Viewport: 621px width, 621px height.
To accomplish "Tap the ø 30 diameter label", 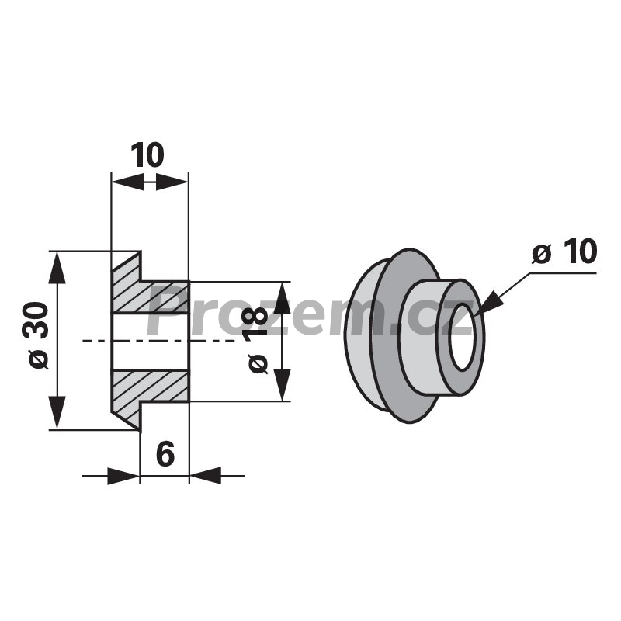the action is tap(40, 336).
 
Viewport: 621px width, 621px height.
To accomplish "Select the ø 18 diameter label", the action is tap(258, 340).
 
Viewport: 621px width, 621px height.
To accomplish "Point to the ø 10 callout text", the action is tap(564, 251).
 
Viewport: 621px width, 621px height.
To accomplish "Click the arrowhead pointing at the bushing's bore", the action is tap(491, 304).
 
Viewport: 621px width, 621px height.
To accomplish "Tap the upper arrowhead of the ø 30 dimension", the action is tap(57, 267).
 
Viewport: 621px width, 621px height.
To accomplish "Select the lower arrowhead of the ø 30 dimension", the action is tap(57, 413).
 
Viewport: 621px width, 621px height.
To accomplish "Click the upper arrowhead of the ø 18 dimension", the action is tap(282, 298).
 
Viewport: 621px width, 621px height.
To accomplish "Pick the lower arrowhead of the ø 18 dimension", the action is tap(282, 385).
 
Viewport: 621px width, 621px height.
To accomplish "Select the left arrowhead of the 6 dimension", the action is tap(123, 476).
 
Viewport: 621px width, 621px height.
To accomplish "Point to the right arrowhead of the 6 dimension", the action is tap(205, 476).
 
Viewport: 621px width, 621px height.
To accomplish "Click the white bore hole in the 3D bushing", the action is tap(463, 337).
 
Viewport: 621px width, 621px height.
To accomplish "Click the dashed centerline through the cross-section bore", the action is tap(159, 341).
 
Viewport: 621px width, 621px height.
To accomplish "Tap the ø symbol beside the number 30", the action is tap(40, 359).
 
